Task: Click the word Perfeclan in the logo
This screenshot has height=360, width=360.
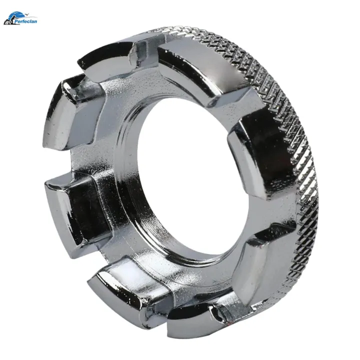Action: [x=25, y=21]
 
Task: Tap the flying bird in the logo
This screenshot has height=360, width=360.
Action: [x=27, y=14]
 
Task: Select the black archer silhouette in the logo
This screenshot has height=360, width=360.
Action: [x=8, y=21]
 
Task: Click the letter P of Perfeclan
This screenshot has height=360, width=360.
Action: [x=16, y=21]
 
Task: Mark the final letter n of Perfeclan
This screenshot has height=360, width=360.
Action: [x=35, y=22]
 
